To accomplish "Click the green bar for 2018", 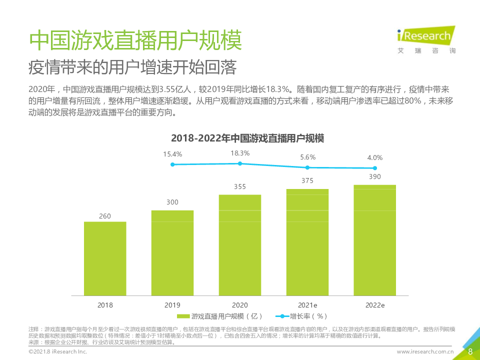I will [105, 258].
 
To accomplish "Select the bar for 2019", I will [172, 252].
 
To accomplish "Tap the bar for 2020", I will [240, 245].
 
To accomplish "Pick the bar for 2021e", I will [307, 242].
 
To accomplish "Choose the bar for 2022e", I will [375, 240].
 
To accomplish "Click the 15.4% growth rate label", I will [172, 154].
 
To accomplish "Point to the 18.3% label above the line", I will [240, 153].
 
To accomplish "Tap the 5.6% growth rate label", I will [308, 157].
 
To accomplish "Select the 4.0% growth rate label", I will [375, 157].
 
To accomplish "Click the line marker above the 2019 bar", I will [172, 164].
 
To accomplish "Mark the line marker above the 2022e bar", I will [375, 168].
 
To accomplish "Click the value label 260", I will [105, 216].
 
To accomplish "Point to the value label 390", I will [375, 176].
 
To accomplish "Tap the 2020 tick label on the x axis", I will [240, 304].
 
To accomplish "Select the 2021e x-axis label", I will [307, 304].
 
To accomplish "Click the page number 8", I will [470, 351].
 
